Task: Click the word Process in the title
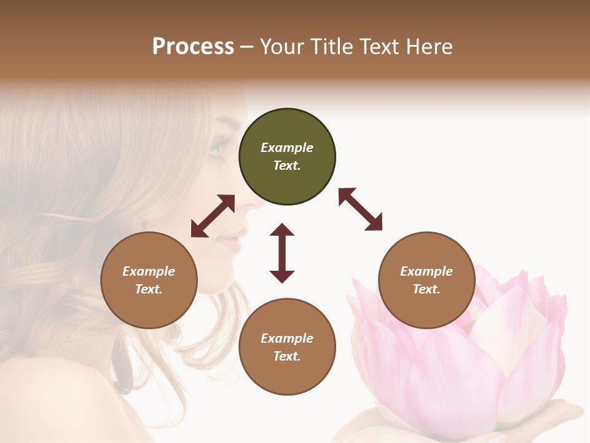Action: tap(193, 47)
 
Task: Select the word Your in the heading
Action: tap(281, 47)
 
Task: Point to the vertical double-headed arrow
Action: tap(282, 253)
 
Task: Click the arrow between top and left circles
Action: tap(213, 216)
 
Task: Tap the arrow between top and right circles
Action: tap(360, 209)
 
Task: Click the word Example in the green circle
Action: tap(287, 148)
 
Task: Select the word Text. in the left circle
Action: tap(149, 289)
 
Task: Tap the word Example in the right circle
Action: tap(427, 271)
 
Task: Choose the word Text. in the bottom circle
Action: tap(287, 356)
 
